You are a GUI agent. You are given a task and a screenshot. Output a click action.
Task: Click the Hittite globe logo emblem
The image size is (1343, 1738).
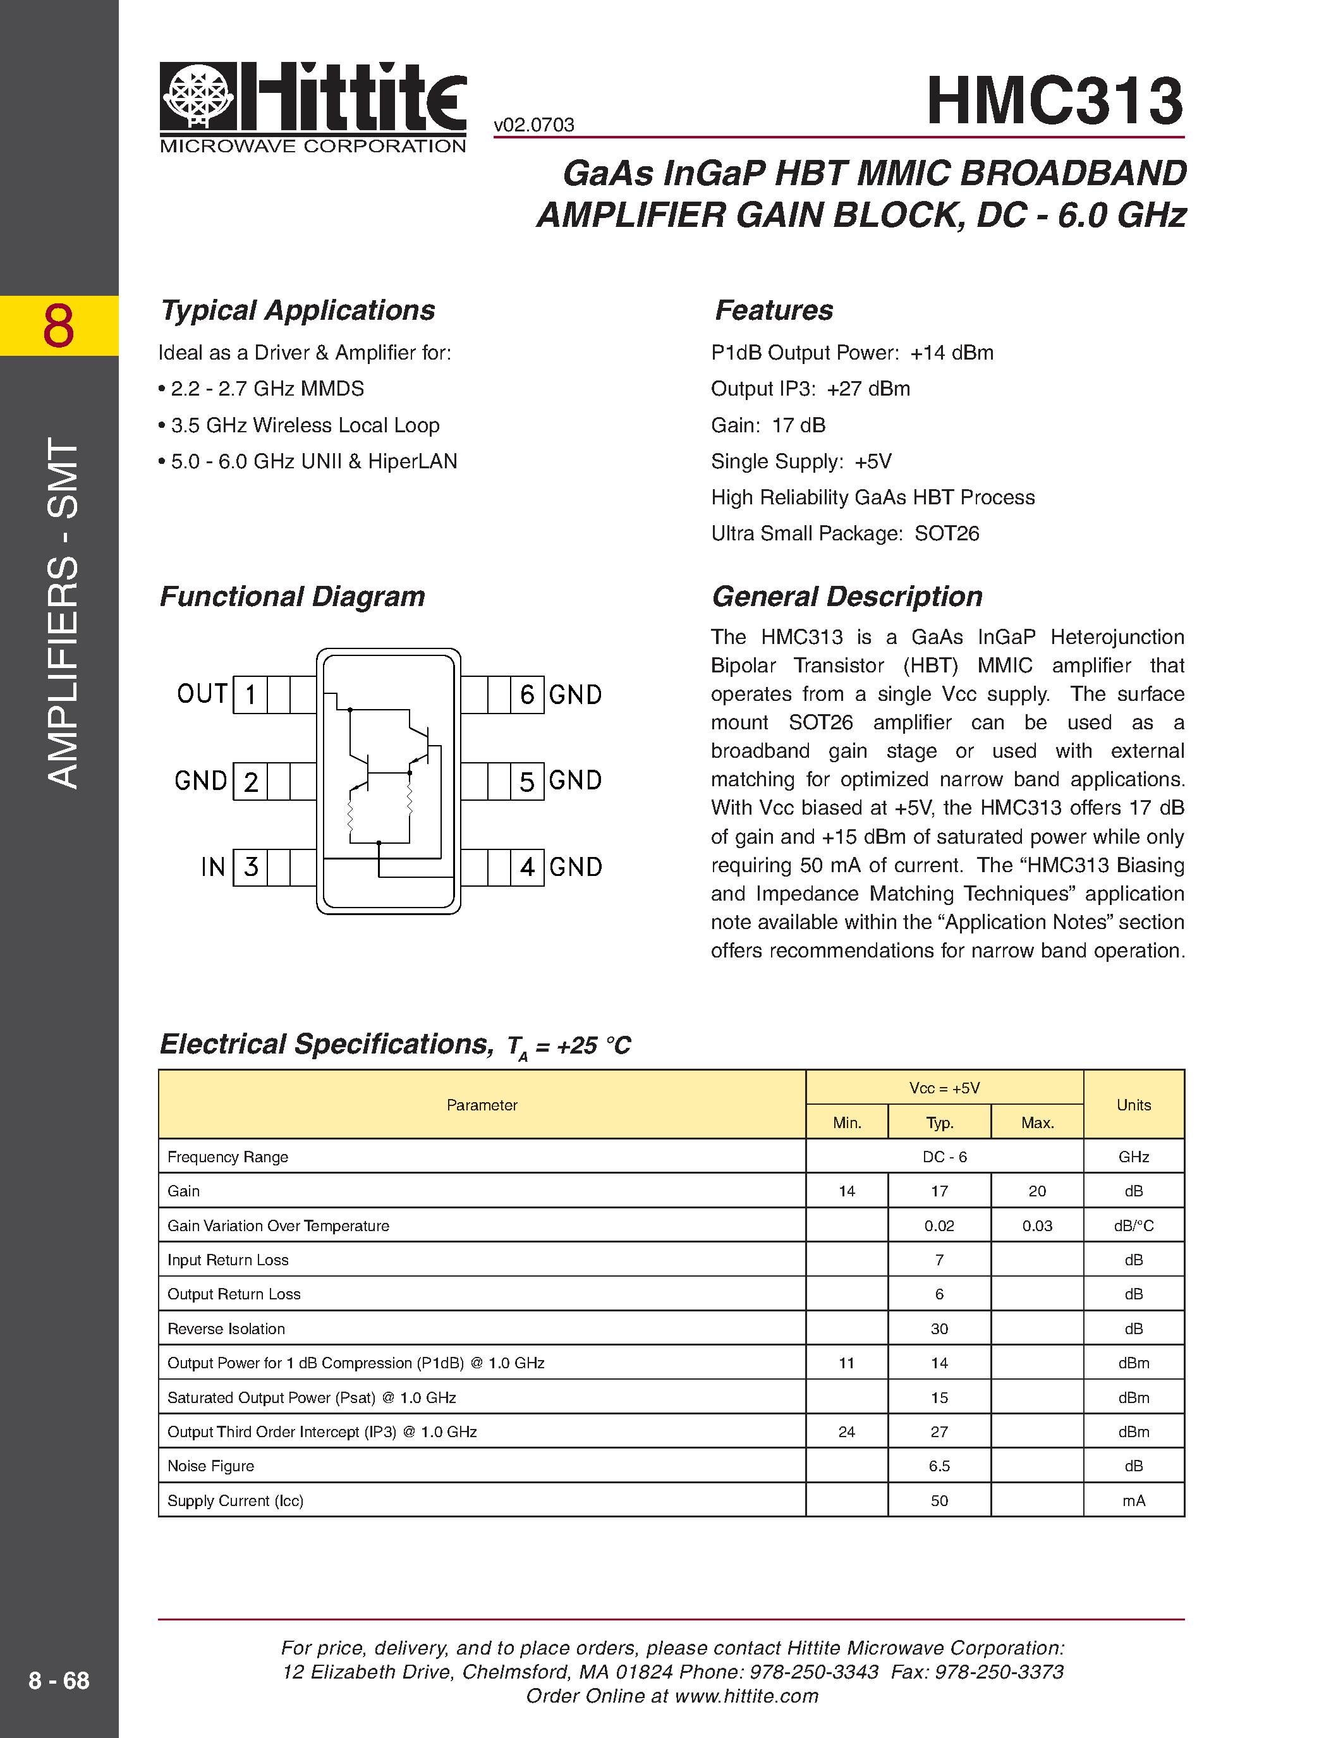[198, 95]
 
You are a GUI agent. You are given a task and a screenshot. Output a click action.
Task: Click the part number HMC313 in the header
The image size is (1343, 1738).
[1054, 101]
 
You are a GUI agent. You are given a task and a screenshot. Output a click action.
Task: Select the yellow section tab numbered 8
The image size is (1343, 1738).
[59, 325]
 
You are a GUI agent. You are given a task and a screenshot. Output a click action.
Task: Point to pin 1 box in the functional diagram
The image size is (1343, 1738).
[251, 695]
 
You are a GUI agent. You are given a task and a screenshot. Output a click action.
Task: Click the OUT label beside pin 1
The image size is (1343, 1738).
[202, 694]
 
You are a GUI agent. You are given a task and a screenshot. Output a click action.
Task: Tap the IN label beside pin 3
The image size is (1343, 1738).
[212, 866]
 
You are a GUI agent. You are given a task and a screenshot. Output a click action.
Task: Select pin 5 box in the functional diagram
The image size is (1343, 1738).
[526, 781]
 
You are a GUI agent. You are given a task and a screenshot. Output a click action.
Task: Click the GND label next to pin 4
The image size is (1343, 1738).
[575, 866]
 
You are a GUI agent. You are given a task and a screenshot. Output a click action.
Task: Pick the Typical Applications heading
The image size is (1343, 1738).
[298, 310]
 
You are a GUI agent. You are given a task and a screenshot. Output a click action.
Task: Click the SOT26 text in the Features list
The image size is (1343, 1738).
[947, 533]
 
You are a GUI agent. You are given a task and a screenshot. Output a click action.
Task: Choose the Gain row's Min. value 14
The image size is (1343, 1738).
[846, 1191]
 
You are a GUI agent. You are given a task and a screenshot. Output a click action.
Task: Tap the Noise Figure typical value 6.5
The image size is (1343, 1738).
[939, 1466]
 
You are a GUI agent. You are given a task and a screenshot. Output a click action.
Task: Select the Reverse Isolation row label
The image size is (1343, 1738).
[226, 1329]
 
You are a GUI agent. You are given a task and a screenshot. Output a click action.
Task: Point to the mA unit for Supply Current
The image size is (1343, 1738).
[1133, 1501]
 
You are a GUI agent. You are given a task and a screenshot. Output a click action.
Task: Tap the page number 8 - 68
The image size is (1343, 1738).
[59, 1680]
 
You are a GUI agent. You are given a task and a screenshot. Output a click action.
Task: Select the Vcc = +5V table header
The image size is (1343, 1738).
[944, 1088]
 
